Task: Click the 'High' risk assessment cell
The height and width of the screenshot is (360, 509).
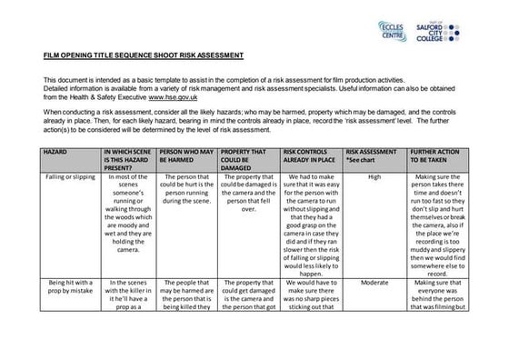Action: point(374,178)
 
